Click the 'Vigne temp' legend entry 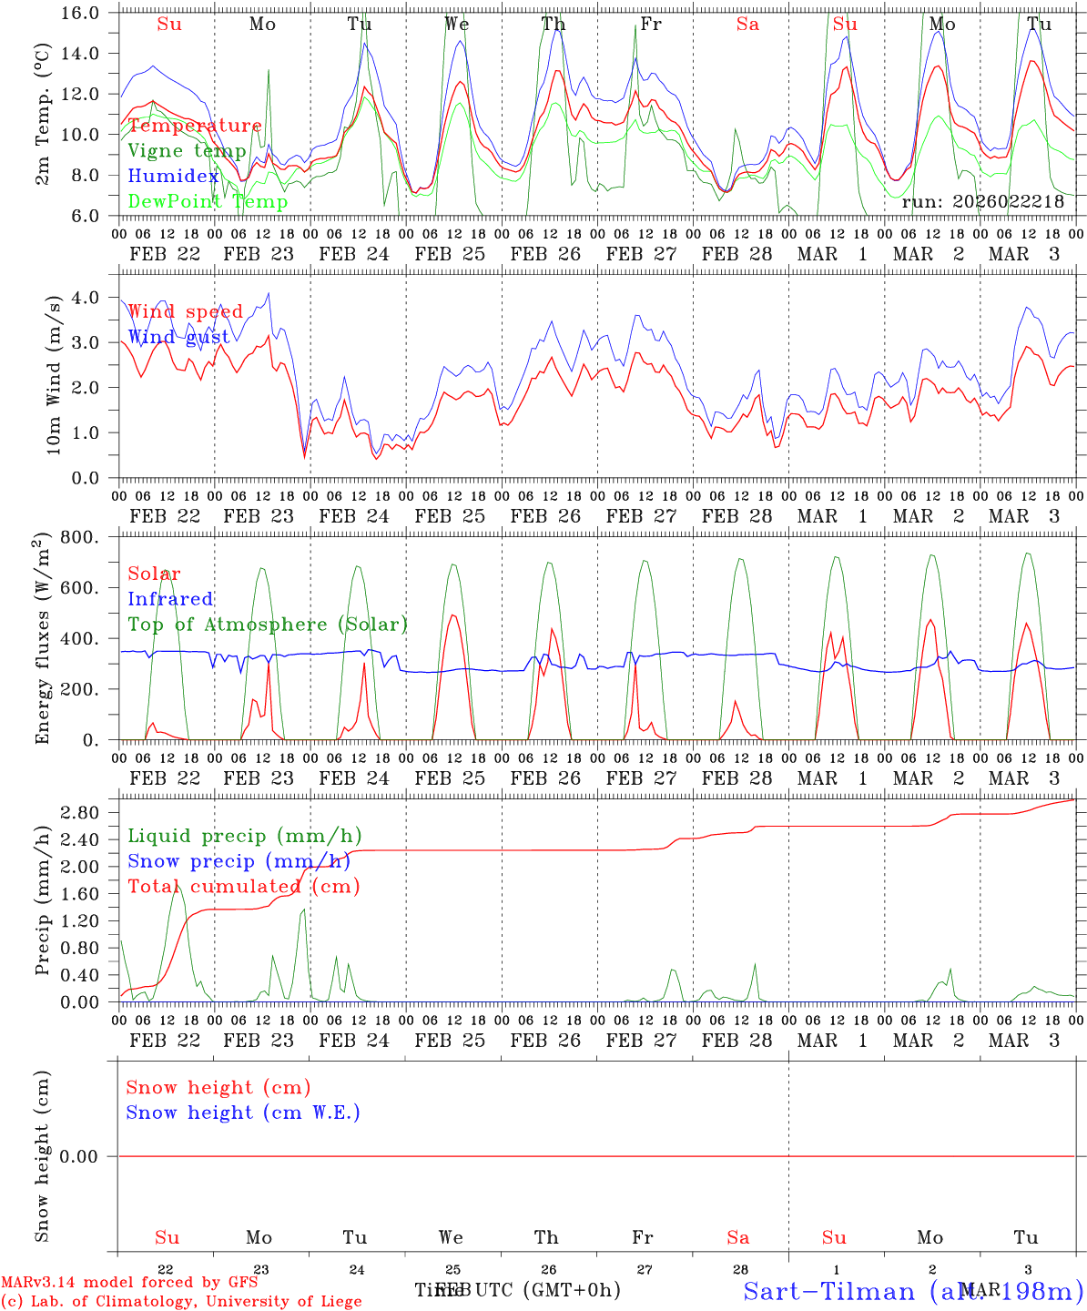tap(187, 151)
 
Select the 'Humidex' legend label tap(173, 177)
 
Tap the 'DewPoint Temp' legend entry tap(208, 202)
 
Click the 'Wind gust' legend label tap(178, 338)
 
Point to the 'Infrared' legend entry tap(170, 599)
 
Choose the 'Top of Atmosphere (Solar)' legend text tap(268, 625)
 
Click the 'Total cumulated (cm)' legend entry tap(243, 887)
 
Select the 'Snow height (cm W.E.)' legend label tap(243, 1113)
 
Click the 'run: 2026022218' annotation tap(982, 202)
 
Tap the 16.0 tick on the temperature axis tap(88, 14)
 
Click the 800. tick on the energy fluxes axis tap(89, 538)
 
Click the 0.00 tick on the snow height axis tap(89, 1156)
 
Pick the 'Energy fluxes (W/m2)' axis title tap(42, 641)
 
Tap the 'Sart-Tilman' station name tap(828, 1290)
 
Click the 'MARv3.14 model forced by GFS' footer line tap(129, 1283)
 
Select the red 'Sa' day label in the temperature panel tap(747, 25)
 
